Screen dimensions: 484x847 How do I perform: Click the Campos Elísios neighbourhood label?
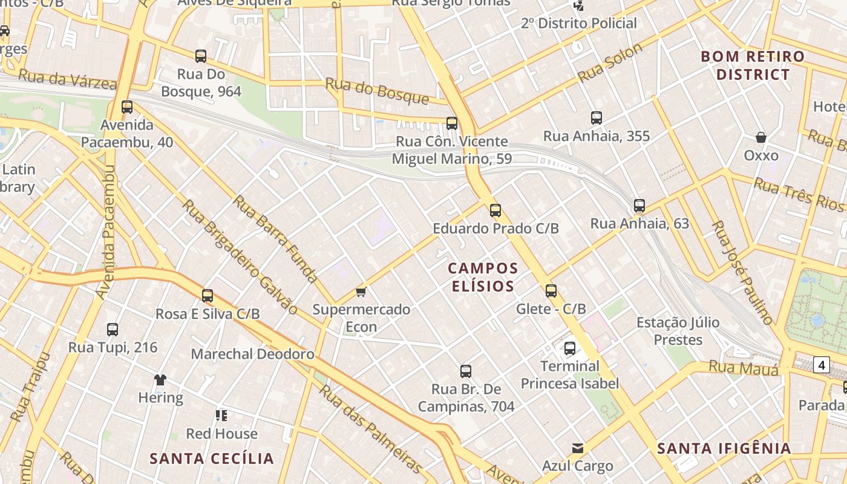(483, 276)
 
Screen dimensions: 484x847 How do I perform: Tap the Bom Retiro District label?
(753, 65)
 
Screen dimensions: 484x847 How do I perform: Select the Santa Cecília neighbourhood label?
(212, 458)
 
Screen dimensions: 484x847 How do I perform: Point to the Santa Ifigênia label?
(724, 448)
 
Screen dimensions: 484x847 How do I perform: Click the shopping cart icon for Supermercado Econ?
(361, 292)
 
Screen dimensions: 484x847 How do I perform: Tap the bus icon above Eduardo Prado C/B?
(495, 211)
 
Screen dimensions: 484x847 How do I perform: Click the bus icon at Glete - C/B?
(551, 291)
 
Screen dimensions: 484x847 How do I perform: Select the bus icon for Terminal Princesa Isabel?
(570, 348)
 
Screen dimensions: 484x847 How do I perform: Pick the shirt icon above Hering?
(160, 380)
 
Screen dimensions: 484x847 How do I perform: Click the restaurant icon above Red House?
(221, 416)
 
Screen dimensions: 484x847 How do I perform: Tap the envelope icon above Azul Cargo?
(578, 448)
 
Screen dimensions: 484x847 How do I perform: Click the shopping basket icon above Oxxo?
(761, 137)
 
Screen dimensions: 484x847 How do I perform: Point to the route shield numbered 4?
(821, 365)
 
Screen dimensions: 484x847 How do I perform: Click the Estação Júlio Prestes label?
(678, 331)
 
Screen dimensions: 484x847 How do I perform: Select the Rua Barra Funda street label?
(275, 239)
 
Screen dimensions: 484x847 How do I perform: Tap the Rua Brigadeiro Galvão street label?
(240, 257)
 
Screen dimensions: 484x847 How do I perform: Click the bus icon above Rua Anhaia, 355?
(597, 118)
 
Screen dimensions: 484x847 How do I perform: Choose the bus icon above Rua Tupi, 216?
(113, 330)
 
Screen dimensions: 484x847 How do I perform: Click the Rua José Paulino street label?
(742, 272)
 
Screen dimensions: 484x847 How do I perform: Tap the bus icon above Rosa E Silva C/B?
(208, 296)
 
